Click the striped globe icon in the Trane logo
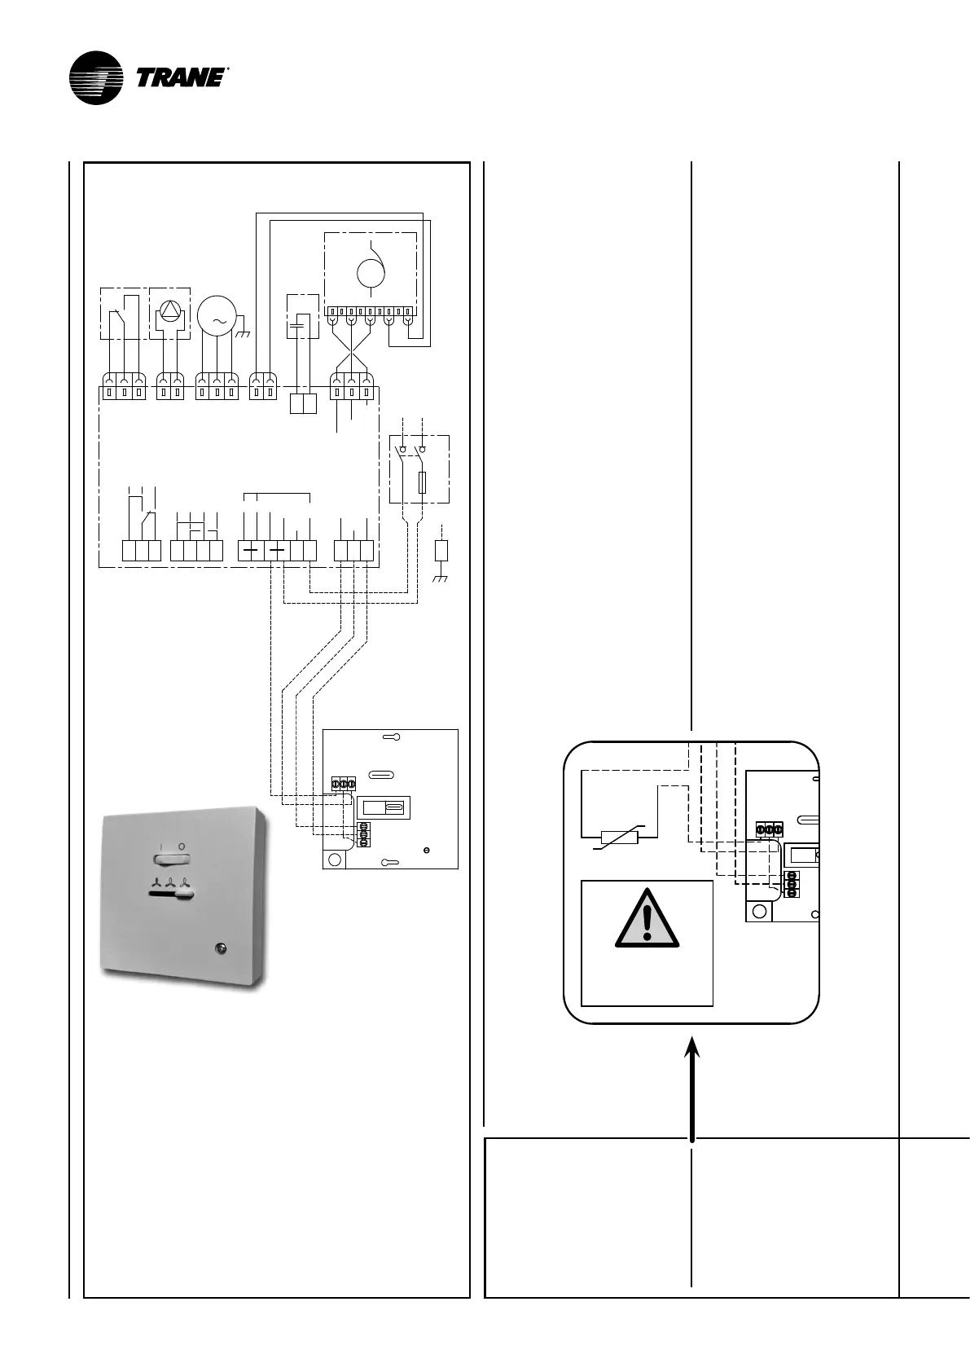coord(96,78)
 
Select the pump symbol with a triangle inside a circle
coord(170,311)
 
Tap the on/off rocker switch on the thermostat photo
coord(171,857)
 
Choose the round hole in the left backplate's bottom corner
coord(333,859)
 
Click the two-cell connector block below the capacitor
coord(303,403)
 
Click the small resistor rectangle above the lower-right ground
coord(441,550)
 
